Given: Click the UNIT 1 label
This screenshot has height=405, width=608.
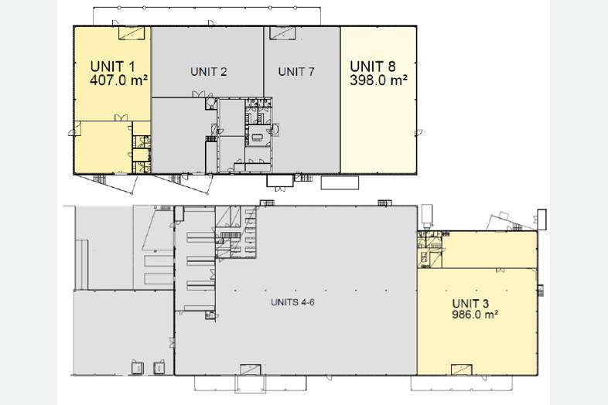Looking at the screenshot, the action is pyautogui.click(x=112, y=66).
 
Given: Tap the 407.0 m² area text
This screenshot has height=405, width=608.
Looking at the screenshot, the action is pyautogui.click(x=118, y=80).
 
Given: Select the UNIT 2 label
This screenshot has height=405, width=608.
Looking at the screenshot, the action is pyautogui.click(x=209, y=72).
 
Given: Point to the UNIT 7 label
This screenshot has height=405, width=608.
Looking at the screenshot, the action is pyautogui.click(x=296, y=72).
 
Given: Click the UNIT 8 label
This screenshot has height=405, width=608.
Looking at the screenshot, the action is pyautogui.click(x=373, y=66).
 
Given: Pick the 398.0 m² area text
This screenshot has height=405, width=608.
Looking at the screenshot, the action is pyautogui.click(x=378, y=80).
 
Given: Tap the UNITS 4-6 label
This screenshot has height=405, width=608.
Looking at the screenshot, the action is pyautogui.click(x=292, y=302).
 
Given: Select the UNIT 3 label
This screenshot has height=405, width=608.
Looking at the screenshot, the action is pyautogui.click(x=470, y=304).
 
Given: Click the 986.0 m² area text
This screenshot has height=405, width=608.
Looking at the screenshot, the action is pyautogui.click(x=475, y=315).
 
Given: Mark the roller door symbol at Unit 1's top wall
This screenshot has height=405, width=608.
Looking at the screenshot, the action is pyautogui.click(x=132, y=33).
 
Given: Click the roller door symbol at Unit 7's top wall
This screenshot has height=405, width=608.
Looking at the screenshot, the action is pyautogui.click(x=282, y=33).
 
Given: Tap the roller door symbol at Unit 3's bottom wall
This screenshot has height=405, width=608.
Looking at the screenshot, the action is pyautogui.click(x=462, y=369).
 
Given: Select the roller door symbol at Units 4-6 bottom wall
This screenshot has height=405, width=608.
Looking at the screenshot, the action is pyautogui.click(x=251, y=369).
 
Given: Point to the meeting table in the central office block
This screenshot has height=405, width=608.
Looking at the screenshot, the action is pyautogui.click(x=257, y=138).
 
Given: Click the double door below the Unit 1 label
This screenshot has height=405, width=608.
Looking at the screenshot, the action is pyautogui.click(x=121, y=117).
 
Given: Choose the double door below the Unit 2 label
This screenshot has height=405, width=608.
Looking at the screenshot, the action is pyautogui.click(x=199, y=94).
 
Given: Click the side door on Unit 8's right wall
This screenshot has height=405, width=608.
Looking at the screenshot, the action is pyautogui.click(x=418, y=132).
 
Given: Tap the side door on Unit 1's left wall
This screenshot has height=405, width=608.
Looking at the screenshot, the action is pyautogui.click(x=75, y=128).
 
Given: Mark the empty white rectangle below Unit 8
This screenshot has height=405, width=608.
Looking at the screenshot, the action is pyautogui.click(x=340, y=183).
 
